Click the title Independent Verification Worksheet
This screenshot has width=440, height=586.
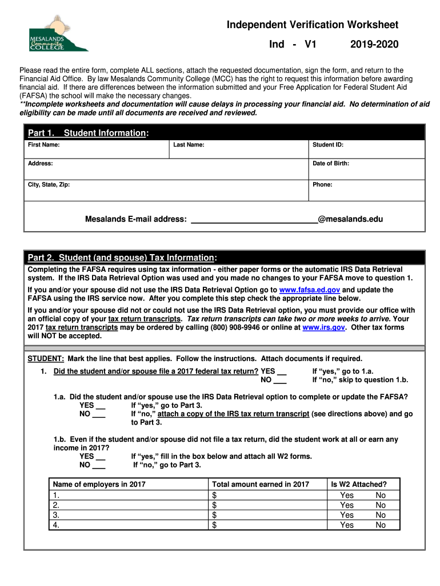pos(312,25)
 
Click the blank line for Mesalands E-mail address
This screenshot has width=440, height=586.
pos(254,220)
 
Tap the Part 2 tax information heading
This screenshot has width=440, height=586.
pos(122,257)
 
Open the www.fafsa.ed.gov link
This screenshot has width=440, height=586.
pos(309,290)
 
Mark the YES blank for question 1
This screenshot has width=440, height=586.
pos(281,371)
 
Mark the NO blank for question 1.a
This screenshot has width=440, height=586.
pos(99,414)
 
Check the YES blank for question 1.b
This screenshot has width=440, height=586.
pos(100,457)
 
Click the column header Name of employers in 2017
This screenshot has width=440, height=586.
pos(99,484)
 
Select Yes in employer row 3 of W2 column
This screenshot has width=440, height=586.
pos(347,515)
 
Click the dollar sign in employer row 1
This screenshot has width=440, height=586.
pos(215,495)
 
